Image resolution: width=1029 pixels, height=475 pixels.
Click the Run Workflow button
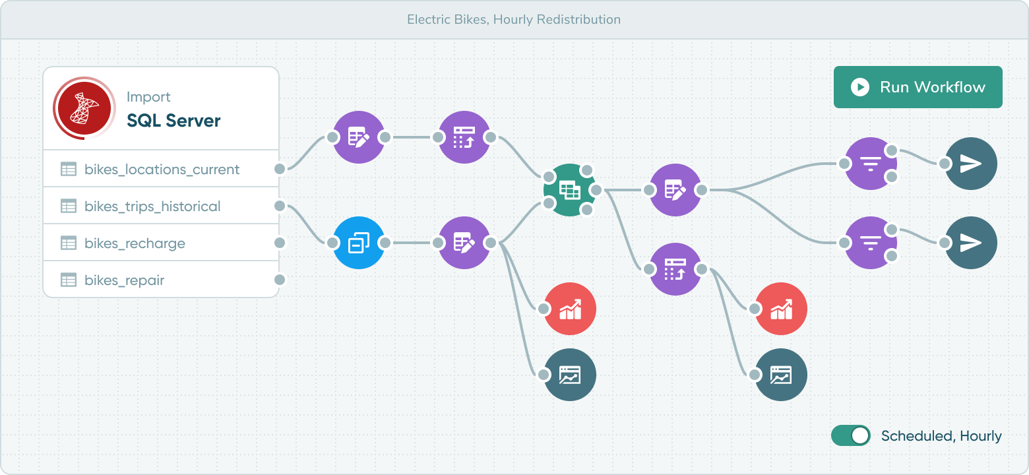tap(918, 87)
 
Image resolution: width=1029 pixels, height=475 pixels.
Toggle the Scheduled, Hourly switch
tap(851, 435)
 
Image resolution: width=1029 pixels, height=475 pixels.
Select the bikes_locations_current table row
tap(162, 170)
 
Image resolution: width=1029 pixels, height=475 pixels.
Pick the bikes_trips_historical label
tap(152, 206)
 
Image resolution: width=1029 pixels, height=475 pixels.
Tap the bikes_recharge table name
tap(135, 243)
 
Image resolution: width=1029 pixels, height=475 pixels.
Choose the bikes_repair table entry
tap(124, 280)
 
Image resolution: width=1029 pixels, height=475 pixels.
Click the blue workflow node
tap(359, 243)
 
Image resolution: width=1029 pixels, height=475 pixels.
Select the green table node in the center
tap(569, 190)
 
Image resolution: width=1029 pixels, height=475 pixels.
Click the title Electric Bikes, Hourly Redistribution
tap(514, 20)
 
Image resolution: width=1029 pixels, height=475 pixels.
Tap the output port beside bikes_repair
tap(280, 280)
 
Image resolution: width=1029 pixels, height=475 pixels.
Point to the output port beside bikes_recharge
tap(280, 243)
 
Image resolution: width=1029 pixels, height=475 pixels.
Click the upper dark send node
tap(970, 164)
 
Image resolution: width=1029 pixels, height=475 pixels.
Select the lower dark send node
tap(970, 243)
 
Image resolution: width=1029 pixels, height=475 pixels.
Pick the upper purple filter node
tap(871, 164)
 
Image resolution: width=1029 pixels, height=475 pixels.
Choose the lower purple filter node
tap(871, 243)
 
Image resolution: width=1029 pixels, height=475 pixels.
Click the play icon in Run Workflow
tap(860, 87)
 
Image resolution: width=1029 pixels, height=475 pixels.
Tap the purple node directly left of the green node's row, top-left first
tap(359, 137)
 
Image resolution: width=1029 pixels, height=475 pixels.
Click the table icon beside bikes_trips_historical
tap(69, 206)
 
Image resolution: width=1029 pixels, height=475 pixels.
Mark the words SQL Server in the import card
tap(173, 121)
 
